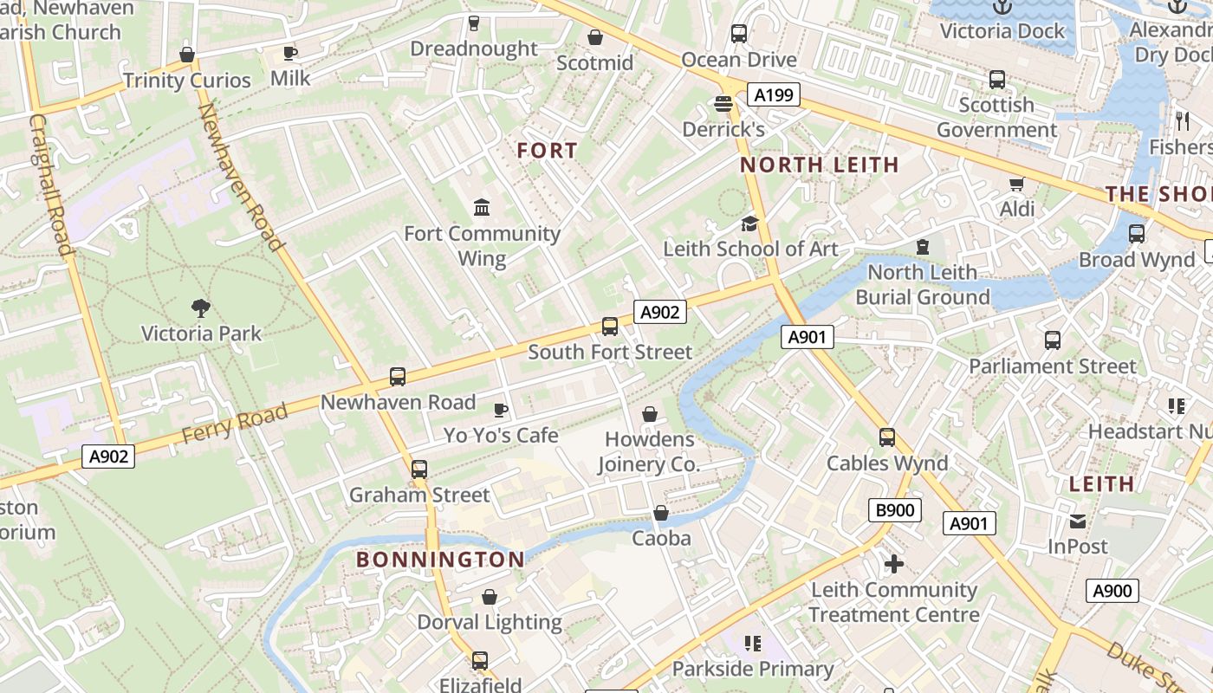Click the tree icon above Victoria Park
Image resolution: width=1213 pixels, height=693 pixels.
201,308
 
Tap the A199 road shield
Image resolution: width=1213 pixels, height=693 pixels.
774,95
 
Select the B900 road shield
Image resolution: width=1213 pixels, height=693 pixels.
894,510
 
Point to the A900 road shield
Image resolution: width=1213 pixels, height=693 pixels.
1112,591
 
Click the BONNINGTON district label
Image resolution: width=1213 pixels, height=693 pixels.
440,560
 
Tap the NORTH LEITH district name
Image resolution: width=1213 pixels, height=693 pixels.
819,165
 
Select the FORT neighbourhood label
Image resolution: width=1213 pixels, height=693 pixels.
547,151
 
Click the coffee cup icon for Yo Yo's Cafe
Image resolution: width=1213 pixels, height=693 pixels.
500,410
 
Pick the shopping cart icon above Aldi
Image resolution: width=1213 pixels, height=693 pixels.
1016,184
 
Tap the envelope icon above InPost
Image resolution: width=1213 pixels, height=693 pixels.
1078,521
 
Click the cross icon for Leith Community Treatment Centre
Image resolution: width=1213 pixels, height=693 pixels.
893,565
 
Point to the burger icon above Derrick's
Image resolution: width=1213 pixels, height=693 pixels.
723,104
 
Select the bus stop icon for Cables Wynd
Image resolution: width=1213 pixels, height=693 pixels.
886,437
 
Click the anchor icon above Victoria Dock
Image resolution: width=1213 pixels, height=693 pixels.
1002,7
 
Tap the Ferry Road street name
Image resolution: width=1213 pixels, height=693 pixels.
235,424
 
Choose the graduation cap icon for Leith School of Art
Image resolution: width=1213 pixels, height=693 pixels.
749,224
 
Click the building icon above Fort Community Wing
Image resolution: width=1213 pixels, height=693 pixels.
482,208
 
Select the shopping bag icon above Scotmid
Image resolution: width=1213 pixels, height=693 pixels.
595,37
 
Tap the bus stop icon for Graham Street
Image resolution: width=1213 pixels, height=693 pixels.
419,470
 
